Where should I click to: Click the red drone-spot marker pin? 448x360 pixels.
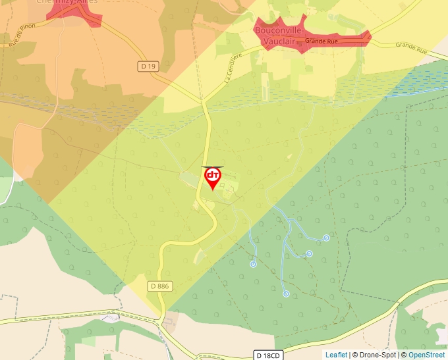pyautogui.click(x=213, y=178)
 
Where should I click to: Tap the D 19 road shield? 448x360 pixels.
pyautogui.click(x=149, y=66)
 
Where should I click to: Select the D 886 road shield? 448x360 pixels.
pyautogui.click(x=159, y=286)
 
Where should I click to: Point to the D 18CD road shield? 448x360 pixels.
pyautogui.click(x=268, y=355)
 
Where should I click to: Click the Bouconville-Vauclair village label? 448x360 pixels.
pyautogui.click(x=279, y=36)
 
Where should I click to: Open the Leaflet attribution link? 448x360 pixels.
pyautogui.click(x=336, y=355)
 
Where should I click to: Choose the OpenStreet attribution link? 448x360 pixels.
pyautogui.click(x=426, y=355)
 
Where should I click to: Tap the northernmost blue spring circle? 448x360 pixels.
pyautogui.click(x=326, y=238)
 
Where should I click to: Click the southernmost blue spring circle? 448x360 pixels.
pyautogui.click(x=286, y=294)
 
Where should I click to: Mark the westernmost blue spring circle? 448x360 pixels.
pyautogui.click(x=253, y=264)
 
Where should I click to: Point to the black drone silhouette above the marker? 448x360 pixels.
pyautogui.click(x=213, y=167)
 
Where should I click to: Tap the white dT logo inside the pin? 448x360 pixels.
pyautogui.click(x=213, y=175)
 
